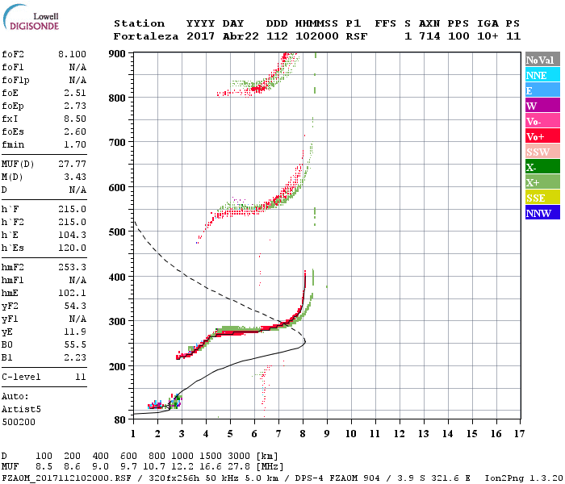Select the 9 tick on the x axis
click(x=327, y=433)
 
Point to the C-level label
click(x=21, y=377)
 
